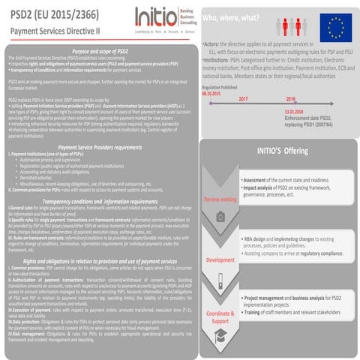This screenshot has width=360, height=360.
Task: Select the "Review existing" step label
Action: pyautogui.click(x=220, y=199)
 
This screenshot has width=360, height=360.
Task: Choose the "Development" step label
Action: pyautogui.click(x=220, y=259)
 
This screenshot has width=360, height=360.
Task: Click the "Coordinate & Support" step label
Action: pyautogui.click(x=220, y=316)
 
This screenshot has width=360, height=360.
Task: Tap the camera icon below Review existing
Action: pyautogui.click(x=220, y=217)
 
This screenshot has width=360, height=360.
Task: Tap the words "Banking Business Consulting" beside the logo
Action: pyautogui.click(x=196, y=17)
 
